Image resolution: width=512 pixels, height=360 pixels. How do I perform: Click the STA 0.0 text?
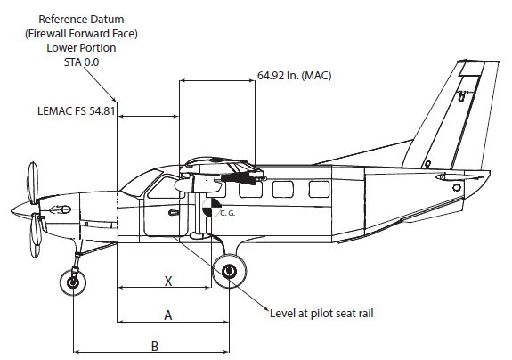(81, 62)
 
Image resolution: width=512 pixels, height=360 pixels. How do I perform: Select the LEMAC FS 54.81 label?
(77, 111)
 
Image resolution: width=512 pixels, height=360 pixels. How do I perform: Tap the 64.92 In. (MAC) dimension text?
(294, 76)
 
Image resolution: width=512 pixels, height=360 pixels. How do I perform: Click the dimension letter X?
(168, 281)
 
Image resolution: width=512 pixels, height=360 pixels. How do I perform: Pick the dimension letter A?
(167, 315)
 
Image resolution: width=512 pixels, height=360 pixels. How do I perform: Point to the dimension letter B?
(155, 347)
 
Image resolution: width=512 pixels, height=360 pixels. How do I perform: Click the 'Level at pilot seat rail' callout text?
(321, 314)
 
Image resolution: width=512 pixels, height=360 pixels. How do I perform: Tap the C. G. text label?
(228, 213)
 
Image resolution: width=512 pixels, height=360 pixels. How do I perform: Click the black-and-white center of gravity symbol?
(211, 207)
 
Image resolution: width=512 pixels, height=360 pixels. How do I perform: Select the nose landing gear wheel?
(72, 282)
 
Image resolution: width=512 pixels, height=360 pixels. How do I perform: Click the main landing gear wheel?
(229, 271)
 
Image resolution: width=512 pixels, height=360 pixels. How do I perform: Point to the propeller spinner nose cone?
(21, 209)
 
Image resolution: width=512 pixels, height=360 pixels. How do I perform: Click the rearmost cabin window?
(319, 190)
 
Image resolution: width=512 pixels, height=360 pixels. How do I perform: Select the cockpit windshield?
(142, 183)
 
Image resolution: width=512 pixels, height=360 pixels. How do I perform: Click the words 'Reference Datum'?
(81, 20)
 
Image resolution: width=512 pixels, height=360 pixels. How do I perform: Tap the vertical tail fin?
(450, 114)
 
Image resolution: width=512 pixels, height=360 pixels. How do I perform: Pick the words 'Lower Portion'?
(81, 48)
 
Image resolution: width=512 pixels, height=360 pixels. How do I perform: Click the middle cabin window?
(283, 190)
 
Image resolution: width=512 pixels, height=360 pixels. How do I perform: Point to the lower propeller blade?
(36, 235)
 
